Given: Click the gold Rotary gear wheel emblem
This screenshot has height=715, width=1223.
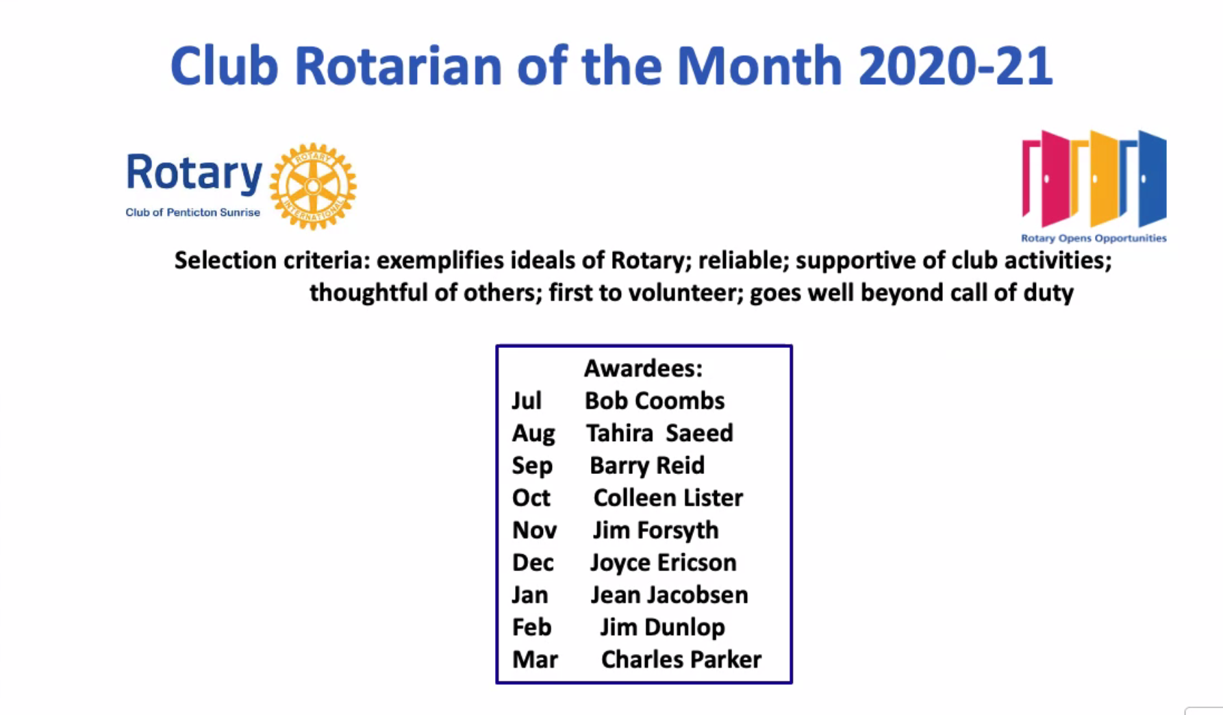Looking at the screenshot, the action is pyautogui.click(x=313, y=186).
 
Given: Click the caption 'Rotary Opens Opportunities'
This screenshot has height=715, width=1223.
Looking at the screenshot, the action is pyautogui.click(x=1094, y=238).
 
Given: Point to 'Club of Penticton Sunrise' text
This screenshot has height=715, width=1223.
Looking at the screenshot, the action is pyautogui.click(x=192, y=212).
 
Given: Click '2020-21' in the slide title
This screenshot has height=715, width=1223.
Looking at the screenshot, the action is pyautogui.click(x=955, y=66).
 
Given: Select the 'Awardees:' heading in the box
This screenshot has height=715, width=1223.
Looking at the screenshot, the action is pyautogui.click(x=643, y=368).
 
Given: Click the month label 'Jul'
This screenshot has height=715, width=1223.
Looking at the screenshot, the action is pyautogui.click(x=527, y=401).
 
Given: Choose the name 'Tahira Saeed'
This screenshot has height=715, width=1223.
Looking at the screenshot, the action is pyautogui.click(x=659, y=433).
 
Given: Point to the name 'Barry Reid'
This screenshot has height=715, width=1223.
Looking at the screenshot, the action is pyautogui.click(x=647, y=466).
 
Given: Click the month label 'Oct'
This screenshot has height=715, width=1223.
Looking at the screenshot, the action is pyautogui.click(x=531, y=498).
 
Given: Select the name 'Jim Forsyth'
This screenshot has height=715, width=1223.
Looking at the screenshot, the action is pyautogui.click(x=656, y=530).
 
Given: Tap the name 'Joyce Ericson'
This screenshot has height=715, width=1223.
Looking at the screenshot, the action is pyautogui.click(x=664, y=562).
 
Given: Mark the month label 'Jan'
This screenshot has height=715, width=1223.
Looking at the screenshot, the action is pyautogui.click(x=530, y=594).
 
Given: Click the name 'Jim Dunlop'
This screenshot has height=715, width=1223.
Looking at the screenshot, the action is pyautogui.click(x=662, y=627).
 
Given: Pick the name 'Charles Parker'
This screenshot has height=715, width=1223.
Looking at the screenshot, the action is pyautogui.click(x=681, y=660).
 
